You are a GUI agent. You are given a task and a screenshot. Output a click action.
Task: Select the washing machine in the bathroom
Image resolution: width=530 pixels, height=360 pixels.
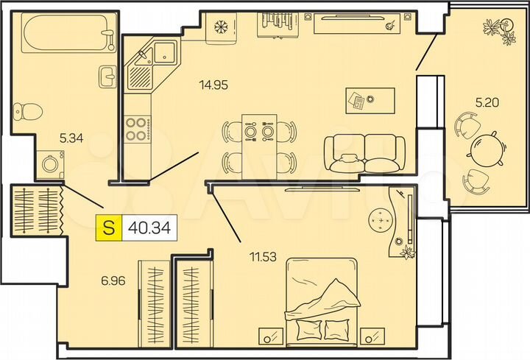50,163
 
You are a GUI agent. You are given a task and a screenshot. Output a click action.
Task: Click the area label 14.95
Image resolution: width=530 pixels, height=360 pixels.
213,84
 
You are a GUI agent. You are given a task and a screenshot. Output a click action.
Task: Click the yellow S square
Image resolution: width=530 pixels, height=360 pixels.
108,227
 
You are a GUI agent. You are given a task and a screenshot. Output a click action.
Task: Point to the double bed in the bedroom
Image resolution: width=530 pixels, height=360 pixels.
321,298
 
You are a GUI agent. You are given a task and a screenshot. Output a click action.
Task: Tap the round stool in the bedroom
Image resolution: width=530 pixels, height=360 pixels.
381,220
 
